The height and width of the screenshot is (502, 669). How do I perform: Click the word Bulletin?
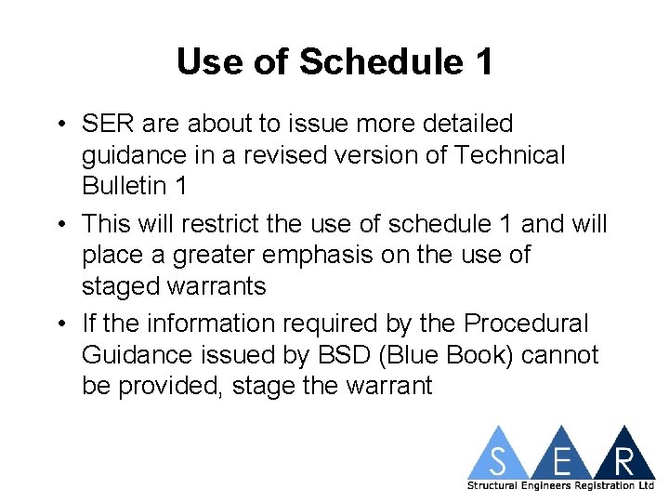pyautogui.click(x=125, y=185)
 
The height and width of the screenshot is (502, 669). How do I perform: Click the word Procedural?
pyautogui.click(x=526, y=324)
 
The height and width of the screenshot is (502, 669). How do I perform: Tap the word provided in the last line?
pyautogui.click(x=166, y=386)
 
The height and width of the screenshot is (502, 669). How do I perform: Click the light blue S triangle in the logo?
pyautogui.click(x=499, y=456)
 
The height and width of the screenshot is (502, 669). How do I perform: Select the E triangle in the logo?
pyautogui.click(x=560, y=456)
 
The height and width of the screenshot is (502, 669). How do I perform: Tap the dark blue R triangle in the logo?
pyautogui.click(x=623, y=456)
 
